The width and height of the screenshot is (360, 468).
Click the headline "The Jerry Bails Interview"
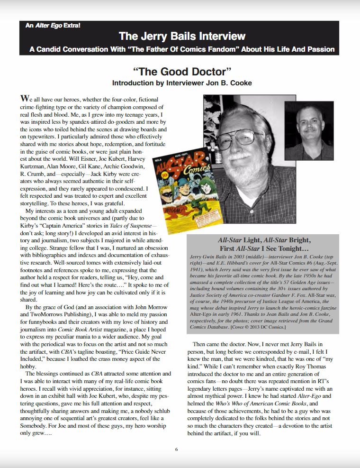click(x=182, y=36)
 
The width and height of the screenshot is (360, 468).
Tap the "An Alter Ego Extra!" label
click(x=53, y=25)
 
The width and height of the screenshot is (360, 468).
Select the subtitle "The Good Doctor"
click(x=182, y=72)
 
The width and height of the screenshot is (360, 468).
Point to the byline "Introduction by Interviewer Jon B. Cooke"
click(x=182, y=83)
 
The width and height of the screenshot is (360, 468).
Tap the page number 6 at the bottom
click(x=176, y=449)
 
